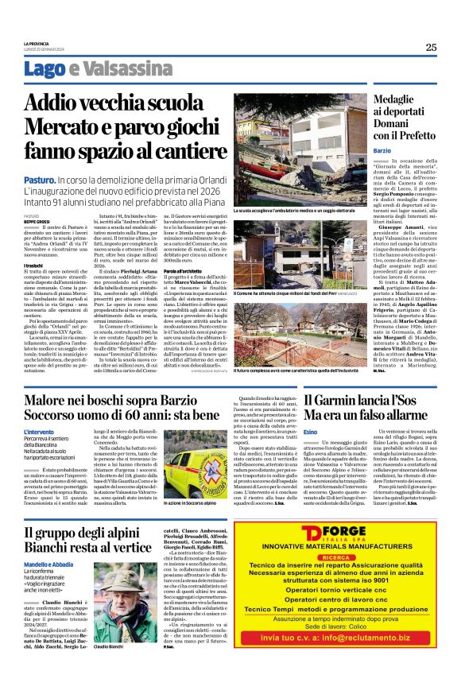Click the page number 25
click(430, 47)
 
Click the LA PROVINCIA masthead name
click(41, 43)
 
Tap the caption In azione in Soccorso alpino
click(172, 504)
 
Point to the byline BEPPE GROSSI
click(37, 220)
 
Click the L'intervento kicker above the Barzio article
click(42, 432)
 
